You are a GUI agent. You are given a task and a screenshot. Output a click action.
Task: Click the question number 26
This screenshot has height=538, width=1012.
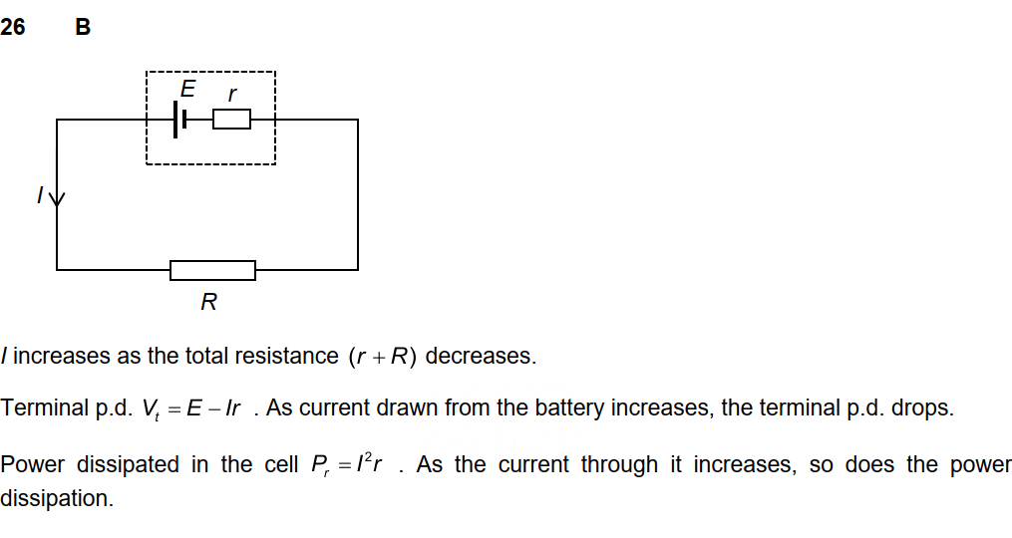pos(13,28)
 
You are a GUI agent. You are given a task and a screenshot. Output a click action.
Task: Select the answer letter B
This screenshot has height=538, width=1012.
pos(83,28)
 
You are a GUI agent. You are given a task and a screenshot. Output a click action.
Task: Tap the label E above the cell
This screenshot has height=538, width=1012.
pos(187,90)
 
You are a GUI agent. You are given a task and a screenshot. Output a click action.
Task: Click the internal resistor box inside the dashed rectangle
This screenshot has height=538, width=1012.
pos(231,120)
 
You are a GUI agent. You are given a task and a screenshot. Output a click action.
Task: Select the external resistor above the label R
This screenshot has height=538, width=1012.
pos(212,270)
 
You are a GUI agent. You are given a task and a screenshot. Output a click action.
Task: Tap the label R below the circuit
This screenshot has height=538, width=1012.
pos(208,302)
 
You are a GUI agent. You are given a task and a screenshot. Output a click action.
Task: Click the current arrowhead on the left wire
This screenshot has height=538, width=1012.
pos(57,198)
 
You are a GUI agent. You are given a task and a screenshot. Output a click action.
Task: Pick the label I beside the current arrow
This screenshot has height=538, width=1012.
pos(40,196)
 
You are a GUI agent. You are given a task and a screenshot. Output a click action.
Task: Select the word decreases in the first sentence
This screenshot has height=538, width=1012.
pos(481,357)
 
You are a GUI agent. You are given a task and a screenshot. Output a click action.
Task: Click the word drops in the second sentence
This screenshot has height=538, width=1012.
pos(927,409)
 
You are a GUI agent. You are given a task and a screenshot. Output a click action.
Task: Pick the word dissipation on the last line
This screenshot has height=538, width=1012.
pos(56,498)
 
